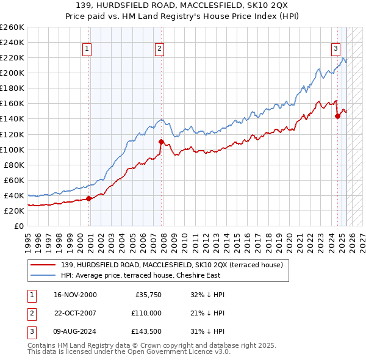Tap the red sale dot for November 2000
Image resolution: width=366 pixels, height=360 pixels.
click(x=88, y=198)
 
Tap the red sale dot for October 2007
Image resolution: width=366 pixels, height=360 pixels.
click(x=161, y=142)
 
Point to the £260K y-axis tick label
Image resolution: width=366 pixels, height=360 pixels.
click(x=12, y=27)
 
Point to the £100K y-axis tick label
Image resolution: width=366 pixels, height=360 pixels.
click(x=12, y=149)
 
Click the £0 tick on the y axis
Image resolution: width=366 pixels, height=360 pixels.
click(x=20, y=226)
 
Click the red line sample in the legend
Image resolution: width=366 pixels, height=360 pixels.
click(x=43, y=265)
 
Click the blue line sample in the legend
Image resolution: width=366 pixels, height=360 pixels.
click(x=43, y=275)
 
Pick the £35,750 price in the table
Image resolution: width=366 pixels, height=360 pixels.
click(x=147, y=294)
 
